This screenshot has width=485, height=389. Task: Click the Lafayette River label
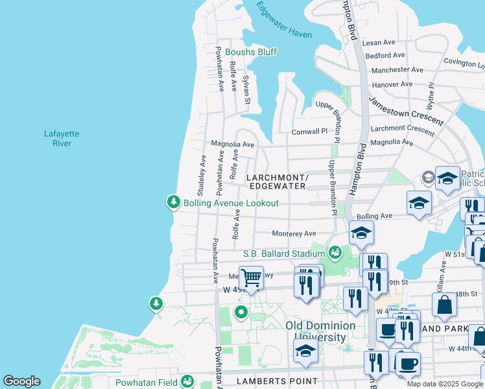pyautogui.click(x=62, y=138)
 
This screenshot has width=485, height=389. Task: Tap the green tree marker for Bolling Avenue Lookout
pyautogui.click(x=173, y=202)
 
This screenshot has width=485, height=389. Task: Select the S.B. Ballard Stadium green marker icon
pyautogui.click(x=335, y=252)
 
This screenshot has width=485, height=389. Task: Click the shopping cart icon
pyautogui.click(x=251, y=278)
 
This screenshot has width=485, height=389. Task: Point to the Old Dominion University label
pyautogui.click(x=320, y=331)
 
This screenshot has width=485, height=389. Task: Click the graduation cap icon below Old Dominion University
pyautogui.click(x=305, y=351)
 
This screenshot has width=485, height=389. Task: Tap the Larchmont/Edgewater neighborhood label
pyautogui.click(x=276, y=182)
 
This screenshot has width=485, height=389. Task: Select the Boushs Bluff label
pyautogui.click(x=246, y=52)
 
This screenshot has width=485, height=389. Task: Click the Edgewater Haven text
pyautogui.click(x=284, y=20)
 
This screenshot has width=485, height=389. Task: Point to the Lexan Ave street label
pyautogui.click(x=379, y=42)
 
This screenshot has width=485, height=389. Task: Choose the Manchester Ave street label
pyautogui.click(x=397, y=70)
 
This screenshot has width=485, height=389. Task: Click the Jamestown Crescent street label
pyautogui.click(x=406, y=110)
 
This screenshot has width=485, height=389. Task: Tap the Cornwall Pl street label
pyautogui.click(x=310, y=131)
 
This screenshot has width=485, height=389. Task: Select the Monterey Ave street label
pyautogui.click(x=294, y=233)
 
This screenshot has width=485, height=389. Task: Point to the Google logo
pyautogui.click(x=21, y=381)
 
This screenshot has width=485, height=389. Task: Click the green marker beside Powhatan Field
pyautogui.click(x=187, y=381)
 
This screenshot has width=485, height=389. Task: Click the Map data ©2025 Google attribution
pyautogui.click(x=444, y=384)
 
